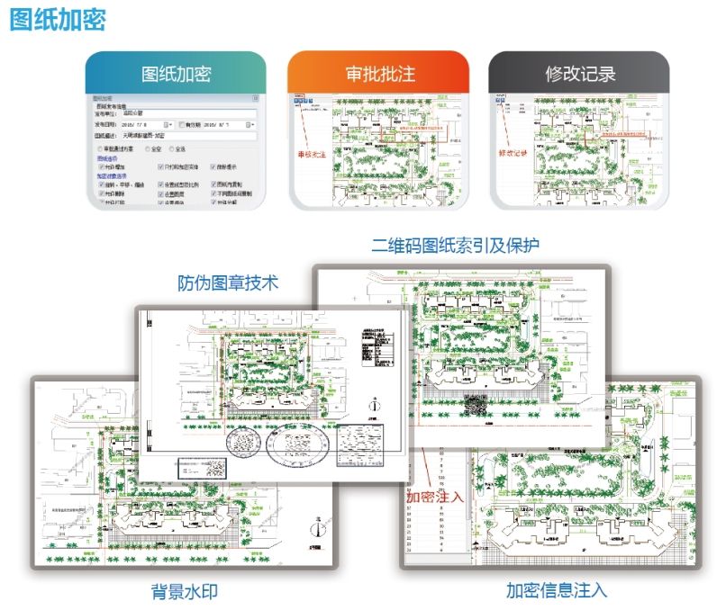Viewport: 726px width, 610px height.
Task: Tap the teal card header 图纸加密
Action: point(176,74)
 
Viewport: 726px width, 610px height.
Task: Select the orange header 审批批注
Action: point(379,74)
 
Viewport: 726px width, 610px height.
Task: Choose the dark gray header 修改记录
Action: point(580,74)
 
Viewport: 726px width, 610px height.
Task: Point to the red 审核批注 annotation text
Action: point(313,154)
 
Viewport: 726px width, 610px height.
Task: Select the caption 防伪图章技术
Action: point(227,283)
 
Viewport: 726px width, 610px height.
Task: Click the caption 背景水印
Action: point(185,591)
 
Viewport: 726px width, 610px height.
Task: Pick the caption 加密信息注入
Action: point(556,590)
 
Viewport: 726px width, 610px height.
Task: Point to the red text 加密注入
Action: point(434,496)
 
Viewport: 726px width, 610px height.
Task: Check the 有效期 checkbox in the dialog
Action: point(183,124)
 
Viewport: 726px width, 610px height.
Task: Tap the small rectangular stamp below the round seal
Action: point(206,469)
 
